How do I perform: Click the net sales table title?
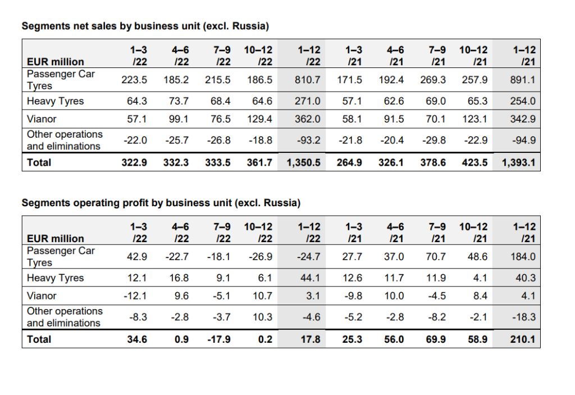pyautogui.click(x=145, y=26)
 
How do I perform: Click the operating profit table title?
pyautogui.click(x=161, y=202)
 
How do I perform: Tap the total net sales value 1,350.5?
pyautogui.click(x=303, y=162)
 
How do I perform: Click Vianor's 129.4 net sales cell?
pyautogui.click(x=259, y=119)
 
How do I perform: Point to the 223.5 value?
pyautogui.click(x=135, y=80)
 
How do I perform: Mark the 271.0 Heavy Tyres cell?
pyautogui.click(x=308, y=101)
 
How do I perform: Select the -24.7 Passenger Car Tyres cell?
pyautogui.click(x=309, y=257)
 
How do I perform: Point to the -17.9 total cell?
pyautogui.click(x=219, y=339)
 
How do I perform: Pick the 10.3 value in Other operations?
pyautogui.click(x=262, y=317)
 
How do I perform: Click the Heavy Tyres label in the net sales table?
pyautogui.click(x=55, y=101)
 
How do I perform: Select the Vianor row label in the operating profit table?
pyautogui.click(x=42, y=295)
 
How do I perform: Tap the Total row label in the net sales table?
pyautogui.click(x=39, y=162)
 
